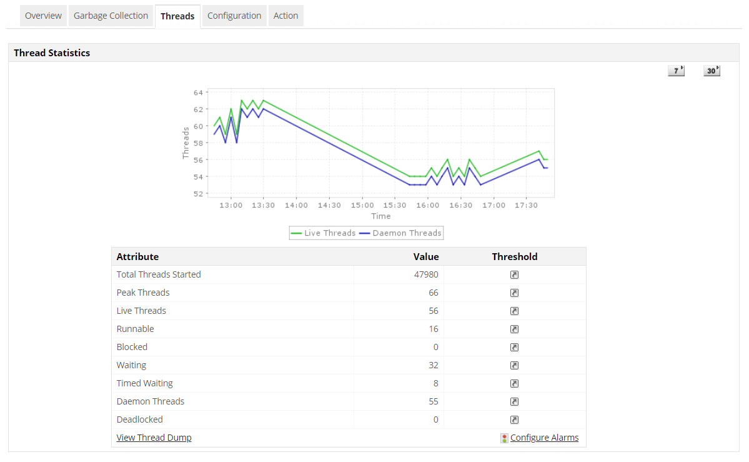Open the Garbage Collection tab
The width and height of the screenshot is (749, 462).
pos(111,16)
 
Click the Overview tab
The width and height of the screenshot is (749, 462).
pos(43,16)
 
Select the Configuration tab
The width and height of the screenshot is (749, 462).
pos(234,16)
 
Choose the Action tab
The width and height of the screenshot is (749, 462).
pos(285,16)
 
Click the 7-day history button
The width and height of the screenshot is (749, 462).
pos(676,71)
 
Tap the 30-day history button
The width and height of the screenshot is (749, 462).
pos(712,71)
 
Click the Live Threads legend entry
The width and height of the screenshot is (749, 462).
pos(324,233)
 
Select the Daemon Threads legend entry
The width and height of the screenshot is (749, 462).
pos(401,233)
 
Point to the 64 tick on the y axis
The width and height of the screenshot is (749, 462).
pos(198,93)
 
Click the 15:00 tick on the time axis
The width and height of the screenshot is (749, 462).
pos(362,205)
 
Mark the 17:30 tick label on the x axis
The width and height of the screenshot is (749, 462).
pos(526,205)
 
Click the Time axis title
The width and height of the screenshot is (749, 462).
pos(380,216)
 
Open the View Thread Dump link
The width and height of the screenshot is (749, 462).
pos(154,438)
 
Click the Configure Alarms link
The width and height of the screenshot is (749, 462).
pos(544,438)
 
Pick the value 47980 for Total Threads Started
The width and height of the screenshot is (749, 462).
pos(426,274)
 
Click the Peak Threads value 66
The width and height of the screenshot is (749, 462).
pos(434,293)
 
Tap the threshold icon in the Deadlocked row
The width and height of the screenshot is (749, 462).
pos(514,419)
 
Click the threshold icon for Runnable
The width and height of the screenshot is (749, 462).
pos(514,329)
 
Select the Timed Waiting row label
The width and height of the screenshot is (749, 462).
pos(144,383)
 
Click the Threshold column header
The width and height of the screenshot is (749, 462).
pos(514,256)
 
